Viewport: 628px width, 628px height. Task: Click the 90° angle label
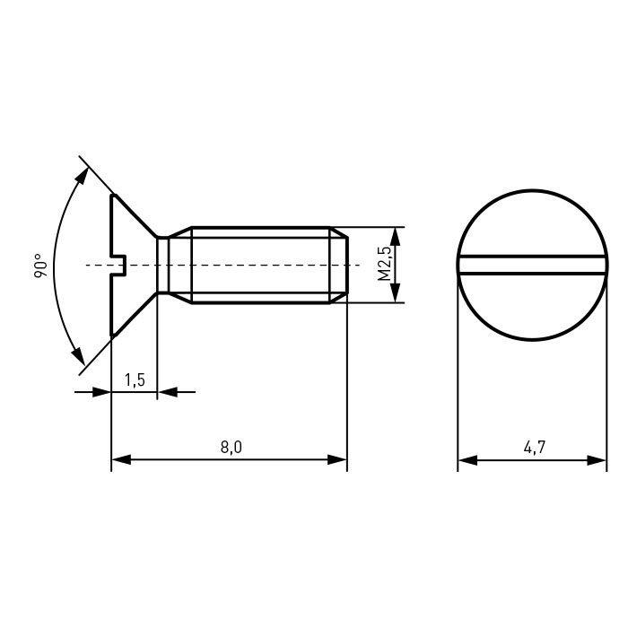click(40, 266)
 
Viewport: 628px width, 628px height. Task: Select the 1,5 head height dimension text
click(135, 379)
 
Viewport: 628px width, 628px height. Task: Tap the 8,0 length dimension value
click(231, 447)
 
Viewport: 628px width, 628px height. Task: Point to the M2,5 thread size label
click(384, 264)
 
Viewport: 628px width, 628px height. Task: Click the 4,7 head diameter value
click(535, 447)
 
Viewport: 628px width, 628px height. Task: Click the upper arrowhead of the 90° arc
click(83, 177)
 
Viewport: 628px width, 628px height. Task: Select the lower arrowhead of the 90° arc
click(78, 355)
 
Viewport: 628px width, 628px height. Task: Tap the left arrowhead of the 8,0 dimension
click(121, 459)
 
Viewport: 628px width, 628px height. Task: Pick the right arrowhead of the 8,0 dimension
click(337, 459)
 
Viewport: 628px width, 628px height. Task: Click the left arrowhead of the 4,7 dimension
click(467, 460)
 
